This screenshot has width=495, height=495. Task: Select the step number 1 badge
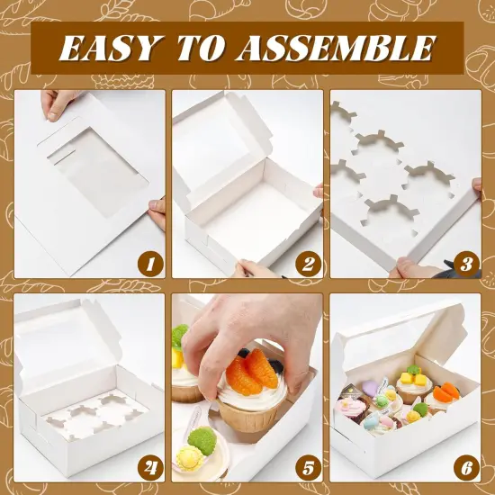pos(148,264)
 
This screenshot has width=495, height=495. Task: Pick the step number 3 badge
pos(465,264)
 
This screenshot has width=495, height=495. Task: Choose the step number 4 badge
pos(148,467)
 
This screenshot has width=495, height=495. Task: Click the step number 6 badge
pos(465,467)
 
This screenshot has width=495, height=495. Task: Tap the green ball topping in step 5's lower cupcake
pos(203,440)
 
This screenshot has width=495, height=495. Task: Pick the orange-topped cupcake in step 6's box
pos(445,391)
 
